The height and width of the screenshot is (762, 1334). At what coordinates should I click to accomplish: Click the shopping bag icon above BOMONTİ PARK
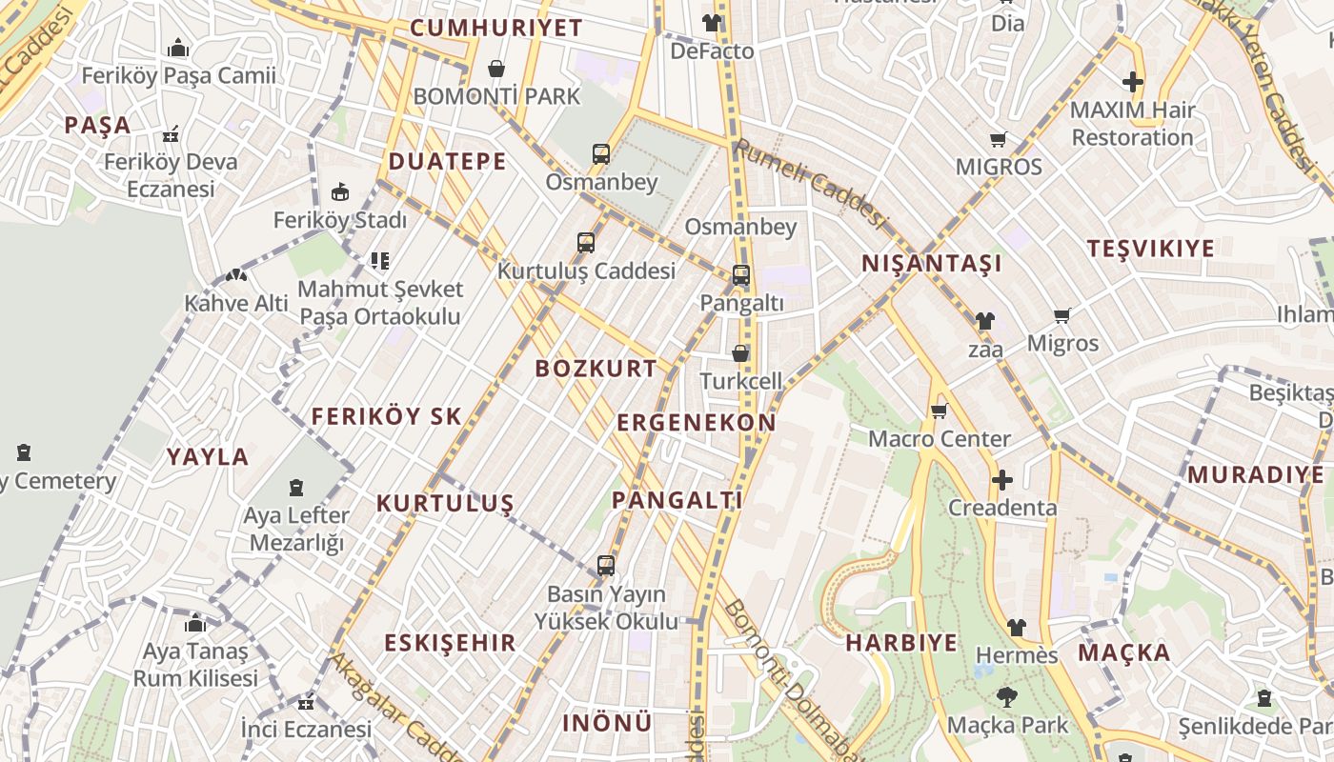pos(495,69)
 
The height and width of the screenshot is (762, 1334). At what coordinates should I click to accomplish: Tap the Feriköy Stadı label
pos(339,220)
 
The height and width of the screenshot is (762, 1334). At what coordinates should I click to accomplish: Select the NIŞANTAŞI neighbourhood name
pos(931,264)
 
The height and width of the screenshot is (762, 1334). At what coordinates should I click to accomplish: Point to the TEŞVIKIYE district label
pos(1151,249)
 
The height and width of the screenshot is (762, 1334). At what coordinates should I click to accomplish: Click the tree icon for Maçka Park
pos(1005,697)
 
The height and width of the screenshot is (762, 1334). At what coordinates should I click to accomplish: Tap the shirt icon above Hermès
pos(1017,628)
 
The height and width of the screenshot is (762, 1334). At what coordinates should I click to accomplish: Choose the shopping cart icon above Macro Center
pos(939,411)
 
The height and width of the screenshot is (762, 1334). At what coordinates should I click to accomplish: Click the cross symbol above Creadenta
pos(1001,480)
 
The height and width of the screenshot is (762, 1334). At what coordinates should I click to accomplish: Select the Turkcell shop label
pos(740,381)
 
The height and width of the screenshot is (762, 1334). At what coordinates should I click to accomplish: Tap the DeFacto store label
pos(712,50)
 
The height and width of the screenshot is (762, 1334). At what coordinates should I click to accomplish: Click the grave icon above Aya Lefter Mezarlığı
pos(296,489)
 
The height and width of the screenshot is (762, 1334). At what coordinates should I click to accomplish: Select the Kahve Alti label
pos(236,303)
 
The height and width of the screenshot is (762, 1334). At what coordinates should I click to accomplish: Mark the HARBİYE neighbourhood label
pos(901,642)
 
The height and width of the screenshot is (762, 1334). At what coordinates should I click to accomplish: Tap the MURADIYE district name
pos(1255,474)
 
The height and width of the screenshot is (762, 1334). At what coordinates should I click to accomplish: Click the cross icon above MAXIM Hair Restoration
pos(1132,83)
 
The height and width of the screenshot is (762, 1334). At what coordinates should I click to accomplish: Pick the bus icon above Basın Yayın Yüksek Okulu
pos(606,566)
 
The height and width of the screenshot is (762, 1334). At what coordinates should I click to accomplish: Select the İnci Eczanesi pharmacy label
pos(306,730)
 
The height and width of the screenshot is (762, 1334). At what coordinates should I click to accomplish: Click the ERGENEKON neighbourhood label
pos(697,423)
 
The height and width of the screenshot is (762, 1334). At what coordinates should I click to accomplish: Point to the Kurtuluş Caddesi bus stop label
pos(586,271)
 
